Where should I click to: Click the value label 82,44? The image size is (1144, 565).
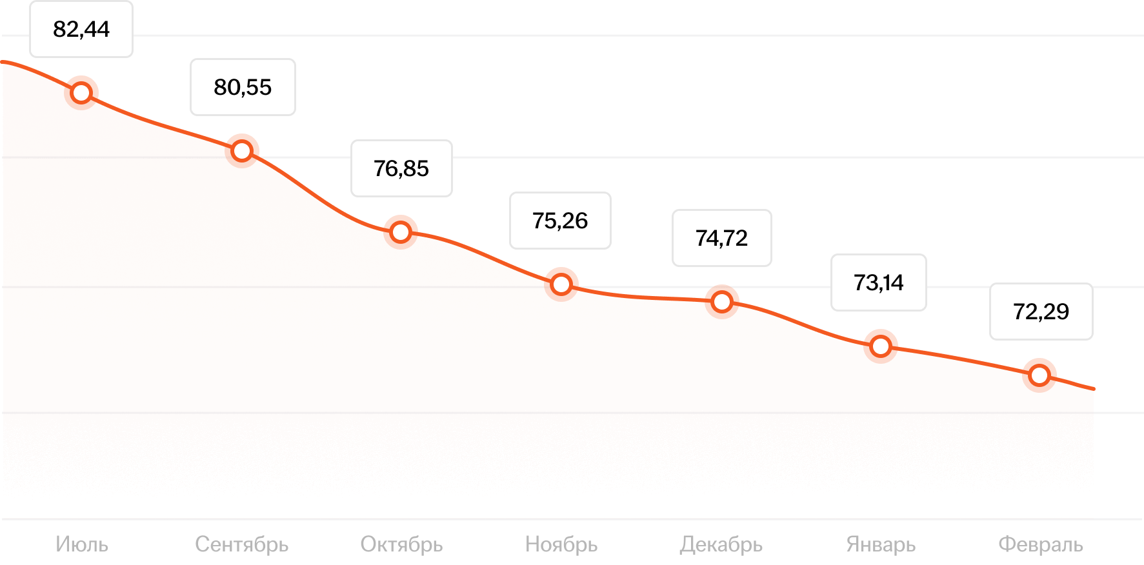coord(81,30)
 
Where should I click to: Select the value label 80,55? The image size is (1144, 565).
coord(243,87)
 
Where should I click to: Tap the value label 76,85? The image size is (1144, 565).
coord(401,168)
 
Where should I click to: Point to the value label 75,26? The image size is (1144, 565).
coord(560,221)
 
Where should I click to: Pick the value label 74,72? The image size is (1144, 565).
coord(721,238)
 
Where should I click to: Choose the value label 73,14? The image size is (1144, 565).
coord(878,282)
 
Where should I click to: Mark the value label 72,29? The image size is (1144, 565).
coord(1041,312)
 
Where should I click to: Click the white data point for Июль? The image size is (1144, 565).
coord(81,93)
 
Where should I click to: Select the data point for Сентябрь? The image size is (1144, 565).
coord(242,151)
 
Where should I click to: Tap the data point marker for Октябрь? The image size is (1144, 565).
coord(401,232)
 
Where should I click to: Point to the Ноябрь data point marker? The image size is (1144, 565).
coord(561,284)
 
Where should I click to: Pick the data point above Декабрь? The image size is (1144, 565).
coord(722,302)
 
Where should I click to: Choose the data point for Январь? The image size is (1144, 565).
coord(881,346)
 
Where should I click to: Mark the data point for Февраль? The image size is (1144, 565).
coord(1039,375)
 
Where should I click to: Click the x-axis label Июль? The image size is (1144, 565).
coord(82,544)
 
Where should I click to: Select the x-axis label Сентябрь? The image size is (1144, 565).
coord(242,544)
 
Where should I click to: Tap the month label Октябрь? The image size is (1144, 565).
coord(401,544)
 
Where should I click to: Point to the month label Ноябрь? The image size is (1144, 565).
coord(561,544)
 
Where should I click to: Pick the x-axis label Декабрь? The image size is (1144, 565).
coord(721,544)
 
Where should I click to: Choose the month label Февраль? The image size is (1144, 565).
coord(1041,544)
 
